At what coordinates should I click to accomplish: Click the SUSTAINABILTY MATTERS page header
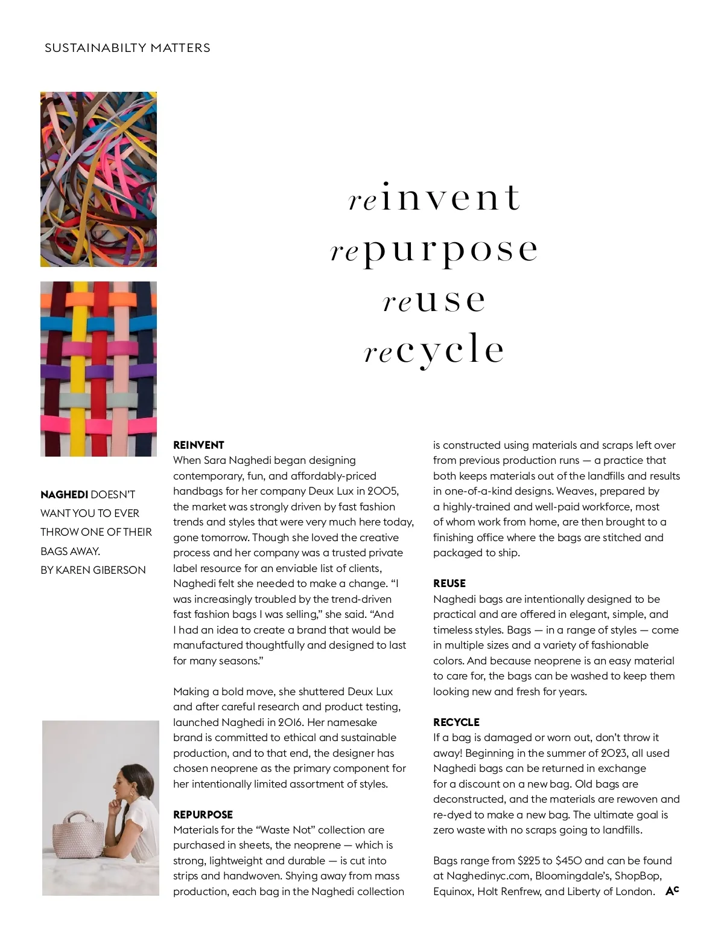click(x=127, y=48)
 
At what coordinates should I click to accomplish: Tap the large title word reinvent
click(x=434, y=197)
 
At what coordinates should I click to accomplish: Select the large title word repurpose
click(x=434, y=249)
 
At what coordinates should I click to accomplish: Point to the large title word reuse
click(x=434, y=300)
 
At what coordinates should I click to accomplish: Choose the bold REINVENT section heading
click(x=198, y=445)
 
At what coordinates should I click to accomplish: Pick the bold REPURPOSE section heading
click(x=203, y=815)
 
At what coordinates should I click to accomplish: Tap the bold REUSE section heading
click(x=449, y=583)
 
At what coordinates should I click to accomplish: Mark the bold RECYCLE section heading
click(x=456, y=722)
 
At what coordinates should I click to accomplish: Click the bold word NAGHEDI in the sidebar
click(x=64, y=495)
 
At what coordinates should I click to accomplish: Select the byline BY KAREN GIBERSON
click(x=93, y=570)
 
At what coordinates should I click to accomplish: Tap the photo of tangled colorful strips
click(x=98, y=179)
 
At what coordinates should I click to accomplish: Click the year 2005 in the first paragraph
click(x=382, y=491)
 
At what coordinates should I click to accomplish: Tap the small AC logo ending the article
click(x=672, y=891)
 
